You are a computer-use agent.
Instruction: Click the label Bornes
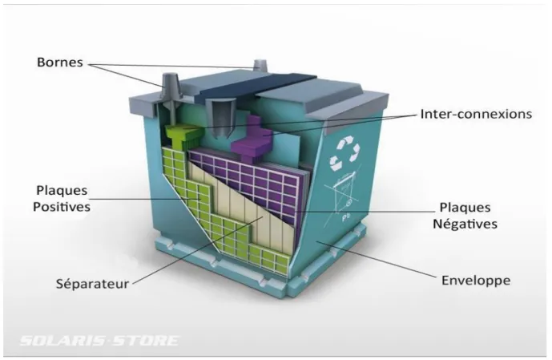click(x=60, y=63)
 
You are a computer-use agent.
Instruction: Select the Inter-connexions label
click(x=476, y=114)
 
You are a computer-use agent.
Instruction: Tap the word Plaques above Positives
click(x=62, y=191)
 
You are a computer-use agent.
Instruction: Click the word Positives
click(x=62, y=206)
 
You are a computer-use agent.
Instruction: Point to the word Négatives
click(x=465, y=224)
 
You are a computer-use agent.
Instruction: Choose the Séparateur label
click(x=92, y=284)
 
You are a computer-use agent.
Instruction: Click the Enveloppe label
click(x=476, y=281)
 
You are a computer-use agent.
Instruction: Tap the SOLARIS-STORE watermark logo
click(x=99, y=341)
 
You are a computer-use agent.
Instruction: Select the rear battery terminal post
click(x=261, y=65)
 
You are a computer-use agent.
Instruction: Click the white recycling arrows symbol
click(x=344, y=154)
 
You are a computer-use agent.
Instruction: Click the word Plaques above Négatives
click(x=465, y=208)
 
